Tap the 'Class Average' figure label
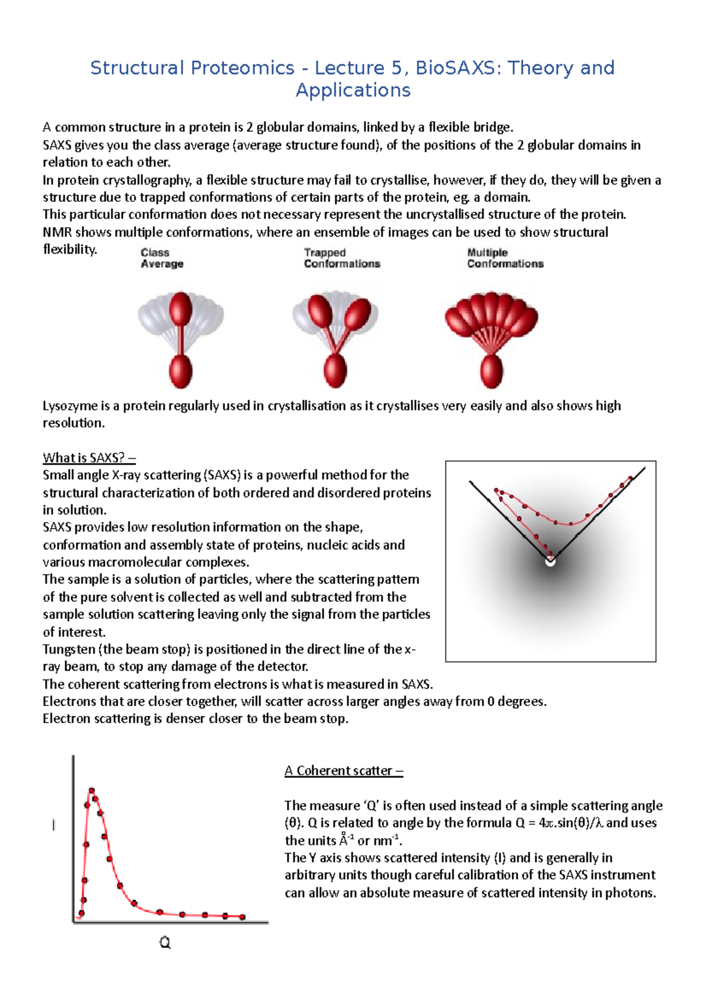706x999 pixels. click(162, 258)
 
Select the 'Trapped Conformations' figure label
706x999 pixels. click(342, 258)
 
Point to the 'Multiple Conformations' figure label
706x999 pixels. click(505, 258)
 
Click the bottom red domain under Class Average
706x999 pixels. click(181, 371)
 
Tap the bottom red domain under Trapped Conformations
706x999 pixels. click(335, 371)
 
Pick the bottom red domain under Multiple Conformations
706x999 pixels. click(491, 371)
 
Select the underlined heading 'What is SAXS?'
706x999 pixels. click(89, 458)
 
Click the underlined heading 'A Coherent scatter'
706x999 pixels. click(344, 771)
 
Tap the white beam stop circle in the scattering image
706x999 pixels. click(550, 561)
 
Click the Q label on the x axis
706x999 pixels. click(165, 943)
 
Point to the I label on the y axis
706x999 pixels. click(54, 825)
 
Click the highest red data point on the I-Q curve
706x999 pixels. click(92, 791)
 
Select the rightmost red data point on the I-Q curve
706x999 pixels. click(242, 917)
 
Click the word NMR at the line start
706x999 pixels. click(57, 232)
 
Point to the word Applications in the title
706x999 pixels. click(353, 91)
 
